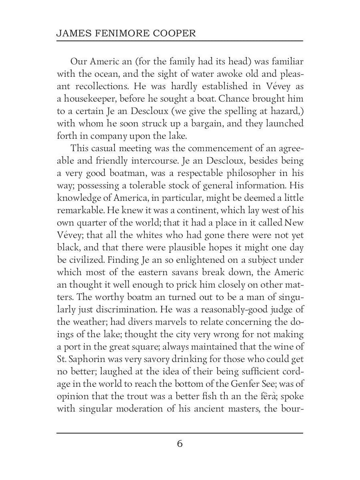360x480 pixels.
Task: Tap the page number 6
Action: (180, 444)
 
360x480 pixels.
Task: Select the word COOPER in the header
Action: (174, 33)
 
